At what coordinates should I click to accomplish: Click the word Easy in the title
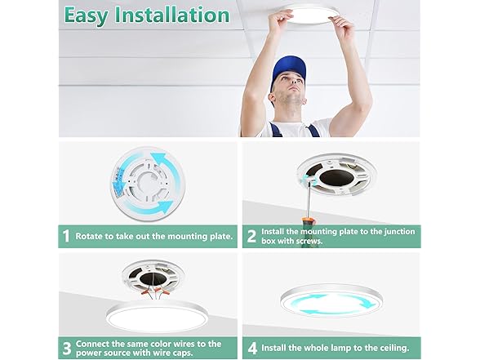[x=91, y=15]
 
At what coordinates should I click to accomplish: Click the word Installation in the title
[x=175, y=15]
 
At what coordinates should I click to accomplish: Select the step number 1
[x=66, y=237]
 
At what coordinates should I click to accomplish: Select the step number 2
[x=251, y=237]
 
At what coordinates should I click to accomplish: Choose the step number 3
[x=66, y=349]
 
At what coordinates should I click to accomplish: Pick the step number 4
[x=251, y=349]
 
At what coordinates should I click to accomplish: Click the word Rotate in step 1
[x=91, y=237]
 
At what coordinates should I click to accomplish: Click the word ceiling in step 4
[x=396, y=349]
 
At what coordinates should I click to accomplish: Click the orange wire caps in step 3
[x=151, y=289]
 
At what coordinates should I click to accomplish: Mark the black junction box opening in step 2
[x=332, y=176]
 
